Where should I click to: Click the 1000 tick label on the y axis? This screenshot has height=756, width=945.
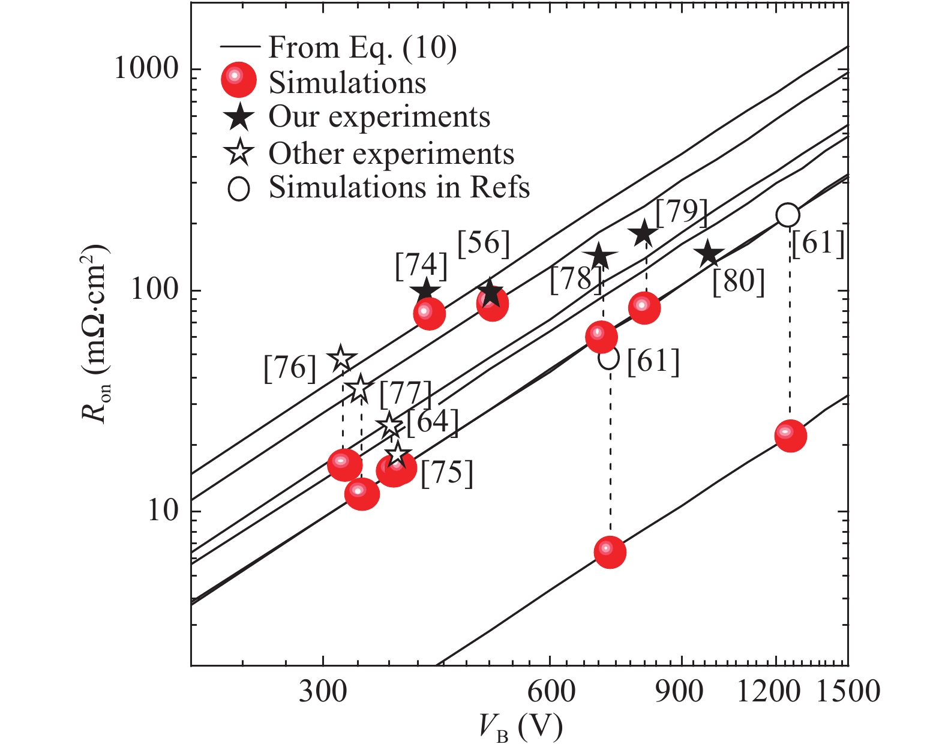pyautogui.click(x=146, y=70)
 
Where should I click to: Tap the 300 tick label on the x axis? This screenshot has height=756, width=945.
pyautogui.click(x=323, y=691)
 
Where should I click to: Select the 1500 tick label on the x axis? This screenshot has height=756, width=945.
pyautogui.click(x=847, y=691)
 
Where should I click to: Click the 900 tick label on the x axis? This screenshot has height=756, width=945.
pyautogui.click(x=680, y=691)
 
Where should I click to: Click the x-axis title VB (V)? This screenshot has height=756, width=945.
pyautogui.click(x=521, y=728)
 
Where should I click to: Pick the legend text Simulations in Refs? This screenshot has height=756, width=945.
pyautogui.click(x=399, y=187)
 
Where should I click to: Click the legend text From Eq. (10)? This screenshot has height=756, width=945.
pyautogui.click(x=362, y=47)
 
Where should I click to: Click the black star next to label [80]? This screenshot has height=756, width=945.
pyautogui.click(x=709, y=254)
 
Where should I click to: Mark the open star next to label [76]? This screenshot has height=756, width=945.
pyautogui.click(x=341, y=358)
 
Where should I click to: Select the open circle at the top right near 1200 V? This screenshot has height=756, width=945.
pyautogui.click(x=787, y=214)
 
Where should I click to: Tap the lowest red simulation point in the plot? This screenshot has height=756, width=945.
pyautogui.click(x=610, y=551)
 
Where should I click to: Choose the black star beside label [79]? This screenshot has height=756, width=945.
pyautogui.click(x=644, y=233)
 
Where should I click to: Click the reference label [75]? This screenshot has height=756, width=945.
pyautogui.click(x=447, y=473)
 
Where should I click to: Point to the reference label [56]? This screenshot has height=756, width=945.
pyautogui.click(x=484, y=244)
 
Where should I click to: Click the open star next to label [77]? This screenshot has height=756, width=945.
pyautogui.click(x=360, y=388)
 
